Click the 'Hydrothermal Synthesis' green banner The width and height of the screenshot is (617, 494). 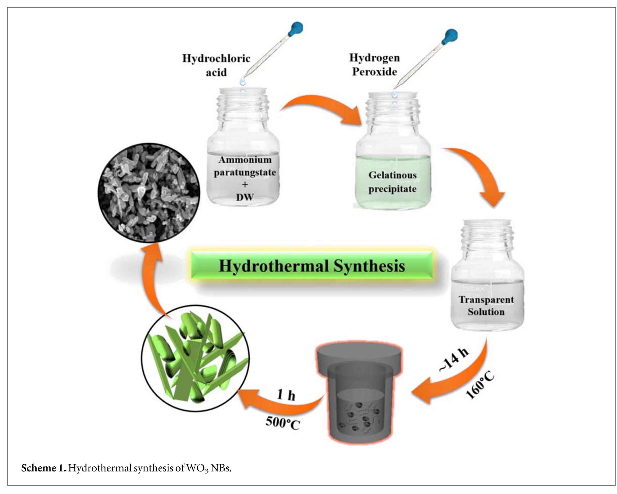312,266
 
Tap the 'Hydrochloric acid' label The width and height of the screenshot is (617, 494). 216,65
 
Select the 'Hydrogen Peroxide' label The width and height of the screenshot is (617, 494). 375,64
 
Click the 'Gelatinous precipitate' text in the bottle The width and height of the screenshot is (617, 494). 392,182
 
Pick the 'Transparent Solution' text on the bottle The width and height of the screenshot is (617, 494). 486,306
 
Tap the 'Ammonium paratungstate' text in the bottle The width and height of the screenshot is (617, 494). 245,166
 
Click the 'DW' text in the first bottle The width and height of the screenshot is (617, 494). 245,197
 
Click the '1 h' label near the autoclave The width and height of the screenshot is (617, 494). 286,395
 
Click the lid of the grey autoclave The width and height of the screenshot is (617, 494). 359,357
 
